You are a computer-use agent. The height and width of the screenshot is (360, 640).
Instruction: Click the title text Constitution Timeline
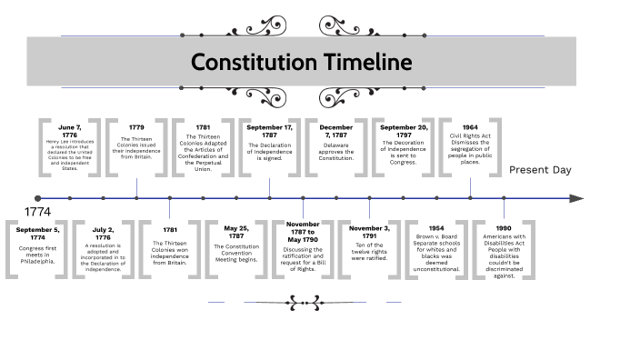point(301,63)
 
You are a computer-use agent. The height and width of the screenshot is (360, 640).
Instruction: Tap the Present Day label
point(540,170)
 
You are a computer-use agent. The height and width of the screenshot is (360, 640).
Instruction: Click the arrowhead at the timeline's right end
point(576,197)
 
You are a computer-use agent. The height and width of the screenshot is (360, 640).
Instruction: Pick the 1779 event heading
point(136,127)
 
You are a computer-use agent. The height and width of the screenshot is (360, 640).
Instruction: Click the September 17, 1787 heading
point(270,131)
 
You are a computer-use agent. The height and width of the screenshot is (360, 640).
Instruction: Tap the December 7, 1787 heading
point(336,131)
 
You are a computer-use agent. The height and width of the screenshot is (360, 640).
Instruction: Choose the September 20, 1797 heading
point(403,131)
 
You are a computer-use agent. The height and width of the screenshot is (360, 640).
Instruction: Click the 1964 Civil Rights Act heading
point(470,127)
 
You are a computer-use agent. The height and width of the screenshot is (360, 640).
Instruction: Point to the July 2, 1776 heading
point(104,234)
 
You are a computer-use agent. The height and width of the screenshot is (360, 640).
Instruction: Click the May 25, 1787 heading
point(236,234)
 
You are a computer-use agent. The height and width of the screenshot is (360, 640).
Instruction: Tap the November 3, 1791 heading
point(370,234)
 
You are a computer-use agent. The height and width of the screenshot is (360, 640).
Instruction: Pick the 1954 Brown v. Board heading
point(436,229)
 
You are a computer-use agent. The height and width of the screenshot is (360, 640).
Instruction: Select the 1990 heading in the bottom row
point(504,229)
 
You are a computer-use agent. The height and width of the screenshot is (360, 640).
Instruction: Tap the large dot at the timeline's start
point(37,197)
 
